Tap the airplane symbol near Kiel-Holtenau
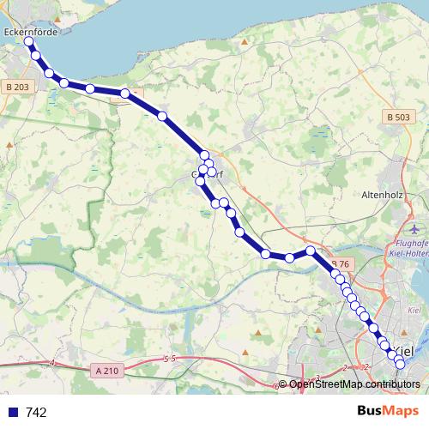[416, 230]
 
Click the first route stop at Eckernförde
[28, 41]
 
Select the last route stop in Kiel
[400, 366]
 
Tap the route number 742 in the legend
[36, 412]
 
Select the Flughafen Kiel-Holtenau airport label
[409, 247]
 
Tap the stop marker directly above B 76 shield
[311, 251]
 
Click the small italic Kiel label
[414, 309]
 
